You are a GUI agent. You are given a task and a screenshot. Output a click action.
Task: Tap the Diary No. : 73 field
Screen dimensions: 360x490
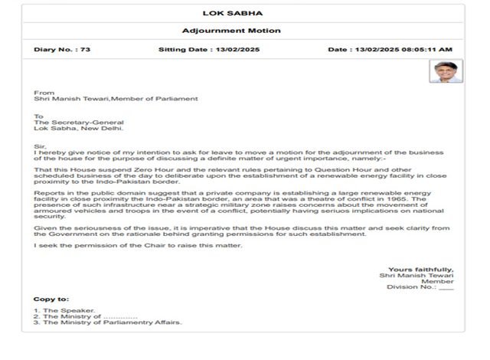pos(62,49)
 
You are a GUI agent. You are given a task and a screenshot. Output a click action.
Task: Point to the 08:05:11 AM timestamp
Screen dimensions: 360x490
pos(424,49)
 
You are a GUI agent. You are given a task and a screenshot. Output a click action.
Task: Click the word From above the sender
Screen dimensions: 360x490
pos(44,93)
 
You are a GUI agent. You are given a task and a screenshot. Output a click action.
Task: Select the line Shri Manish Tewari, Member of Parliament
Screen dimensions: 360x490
pos(116,99)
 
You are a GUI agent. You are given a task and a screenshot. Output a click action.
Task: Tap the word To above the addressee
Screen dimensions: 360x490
pos(39,116)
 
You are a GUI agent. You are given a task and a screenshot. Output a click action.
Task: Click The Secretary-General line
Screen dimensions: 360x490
pos(79,123)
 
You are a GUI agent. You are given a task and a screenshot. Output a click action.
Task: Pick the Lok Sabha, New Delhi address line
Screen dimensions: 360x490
pos(71,129)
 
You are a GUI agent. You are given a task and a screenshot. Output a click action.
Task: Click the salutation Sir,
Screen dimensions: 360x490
pos(41,146)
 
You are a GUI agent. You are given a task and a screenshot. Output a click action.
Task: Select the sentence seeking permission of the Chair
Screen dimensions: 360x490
pos(138,244)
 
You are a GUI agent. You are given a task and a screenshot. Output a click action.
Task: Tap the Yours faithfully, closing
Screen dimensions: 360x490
pos(420,270)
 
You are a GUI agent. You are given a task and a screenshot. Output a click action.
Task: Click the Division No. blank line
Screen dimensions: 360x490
pos(446,288)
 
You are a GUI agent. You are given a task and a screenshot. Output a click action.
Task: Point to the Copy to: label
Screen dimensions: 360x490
pos(51,299)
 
